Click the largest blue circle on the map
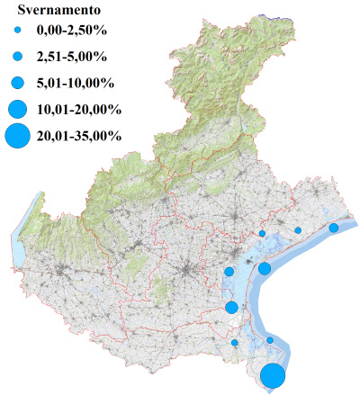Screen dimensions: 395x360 coord(274,376)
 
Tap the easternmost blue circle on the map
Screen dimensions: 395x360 coord(333,228)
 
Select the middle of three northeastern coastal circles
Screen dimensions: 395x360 coord(298,230)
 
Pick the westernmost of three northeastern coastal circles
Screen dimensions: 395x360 coord(262,234)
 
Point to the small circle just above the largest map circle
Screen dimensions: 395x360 coord(269,340)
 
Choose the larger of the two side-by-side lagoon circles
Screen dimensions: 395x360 coord(265,268)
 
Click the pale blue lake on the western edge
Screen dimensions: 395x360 coord(21,238)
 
